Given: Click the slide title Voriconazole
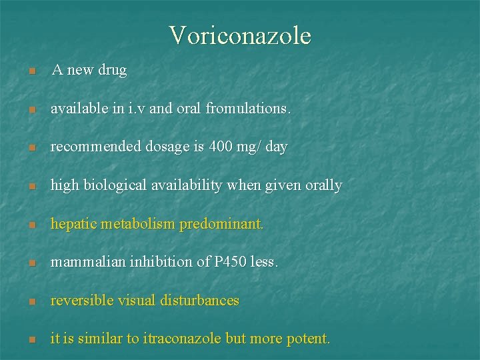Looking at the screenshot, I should pyautogui.click(x=240, y=35).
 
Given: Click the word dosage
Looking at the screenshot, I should pyautogui.click(x=170, y=147).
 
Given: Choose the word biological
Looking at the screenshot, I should pyautogui.click(x=113, y=185).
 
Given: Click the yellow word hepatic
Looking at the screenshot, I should pyautogui.click(x=75, y=224).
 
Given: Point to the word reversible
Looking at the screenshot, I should pyautogui.click(x=79, y=301).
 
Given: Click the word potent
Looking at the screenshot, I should pyautogui.click(x=307, y=339).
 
